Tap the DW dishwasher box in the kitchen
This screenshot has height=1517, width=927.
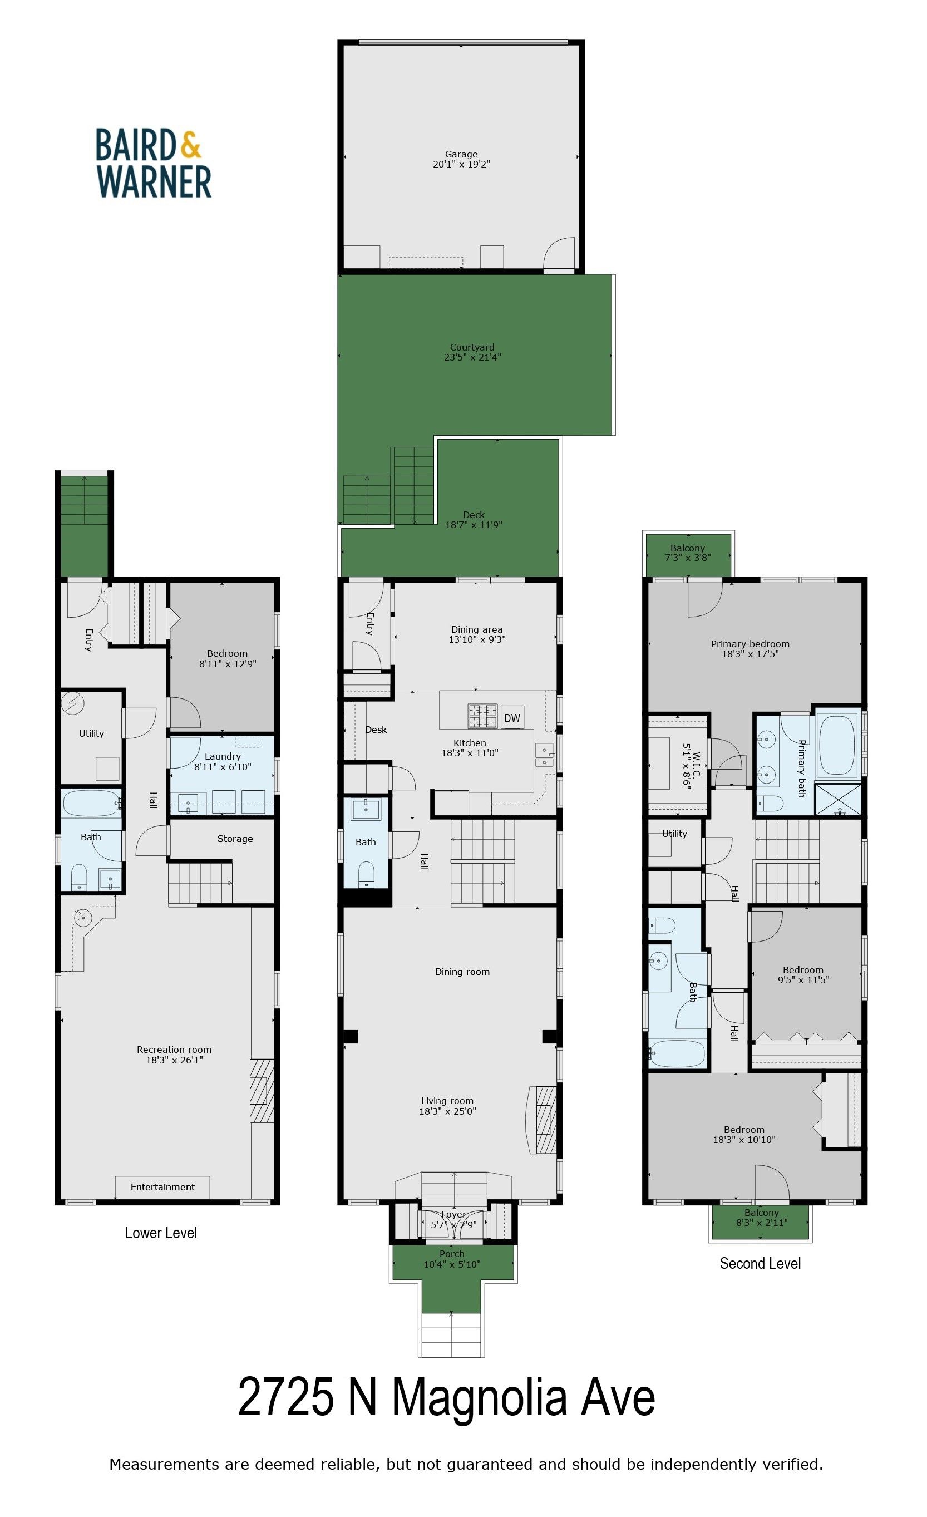pyautogui.click(x=512, y=718)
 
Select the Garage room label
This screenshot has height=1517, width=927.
pyautogui.click(x=461, y=155)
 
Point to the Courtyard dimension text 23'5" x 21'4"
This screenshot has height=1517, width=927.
pyautogui.click(x=472, y=357)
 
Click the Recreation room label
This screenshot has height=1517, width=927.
pyautogui.click(x=174, y=1050)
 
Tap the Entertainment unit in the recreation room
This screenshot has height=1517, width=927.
pyautogui.click(x=162, y=1187)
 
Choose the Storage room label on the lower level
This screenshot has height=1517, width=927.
pyautogui.click(x=235, y=839)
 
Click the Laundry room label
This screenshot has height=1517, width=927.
pyautogui.click(x=223, y=757)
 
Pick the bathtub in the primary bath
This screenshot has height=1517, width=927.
pyautogui.click(x=837, y=745)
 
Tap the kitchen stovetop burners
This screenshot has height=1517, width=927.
pyautogui.click(x=483, y=717)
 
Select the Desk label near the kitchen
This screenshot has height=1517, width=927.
pyautogui.click(x=376, y=730)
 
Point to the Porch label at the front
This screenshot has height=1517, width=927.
pyautogui.click(x=452, y=1253)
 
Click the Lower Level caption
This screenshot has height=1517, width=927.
pyautogui.click(x=161, y=1233)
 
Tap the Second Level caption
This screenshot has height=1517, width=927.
pyautogui.click(x=760, y=1263)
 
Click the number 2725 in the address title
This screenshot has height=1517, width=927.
pyautogui.click(x=286, y=1397)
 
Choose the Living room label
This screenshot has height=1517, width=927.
pyautogui.click(x=447, y=1101)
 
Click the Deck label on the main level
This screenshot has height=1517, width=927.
pyautogui.click(x=474, y=515)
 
